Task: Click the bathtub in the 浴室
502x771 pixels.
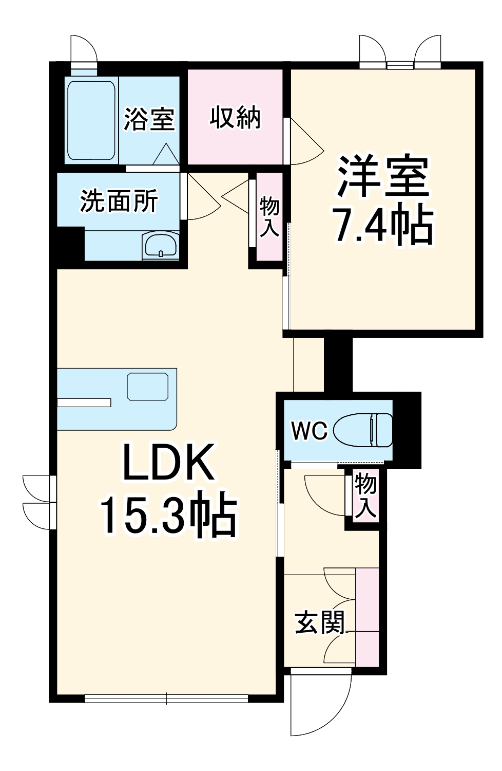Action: click(91, 120)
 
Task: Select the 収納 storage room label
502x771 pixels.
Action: click(235, 118)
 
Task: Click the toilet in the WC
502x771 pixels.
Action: click(363, 430)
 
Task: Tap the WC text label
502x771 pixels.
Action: click(309, 431)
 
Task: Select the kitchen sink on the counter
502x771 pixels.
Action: click(148, 387)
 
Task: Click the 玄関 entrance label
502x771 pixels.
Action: click(319, 623)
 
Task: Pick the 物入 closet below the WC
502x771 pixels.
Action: click(366, 496)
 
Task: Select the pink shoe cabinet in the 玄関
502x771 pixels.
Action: click(367, 616)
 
